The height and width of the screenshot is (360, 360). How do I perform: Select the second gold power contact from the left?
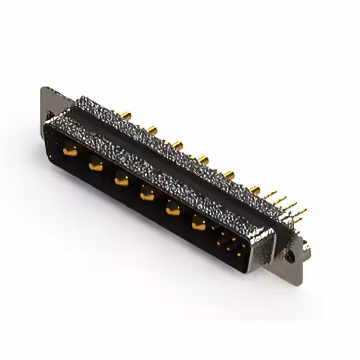coord(94,165)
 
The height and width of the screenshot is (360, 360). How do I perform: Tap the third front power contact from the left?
coord(120,180)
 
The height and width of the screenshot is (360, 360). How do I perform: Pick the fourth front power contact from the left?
coord(146,195)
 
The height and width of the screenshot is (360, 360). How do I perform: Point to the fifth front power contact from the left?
coord(172,210)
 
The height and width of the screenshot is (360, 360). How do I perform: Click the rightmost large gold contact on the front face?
coord(198,224)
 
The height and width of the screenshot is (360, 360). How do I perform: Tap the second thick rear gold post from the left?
coord(151,131)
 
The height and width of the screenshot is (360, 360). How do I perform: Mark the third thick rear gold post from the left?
coord(178,146)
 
